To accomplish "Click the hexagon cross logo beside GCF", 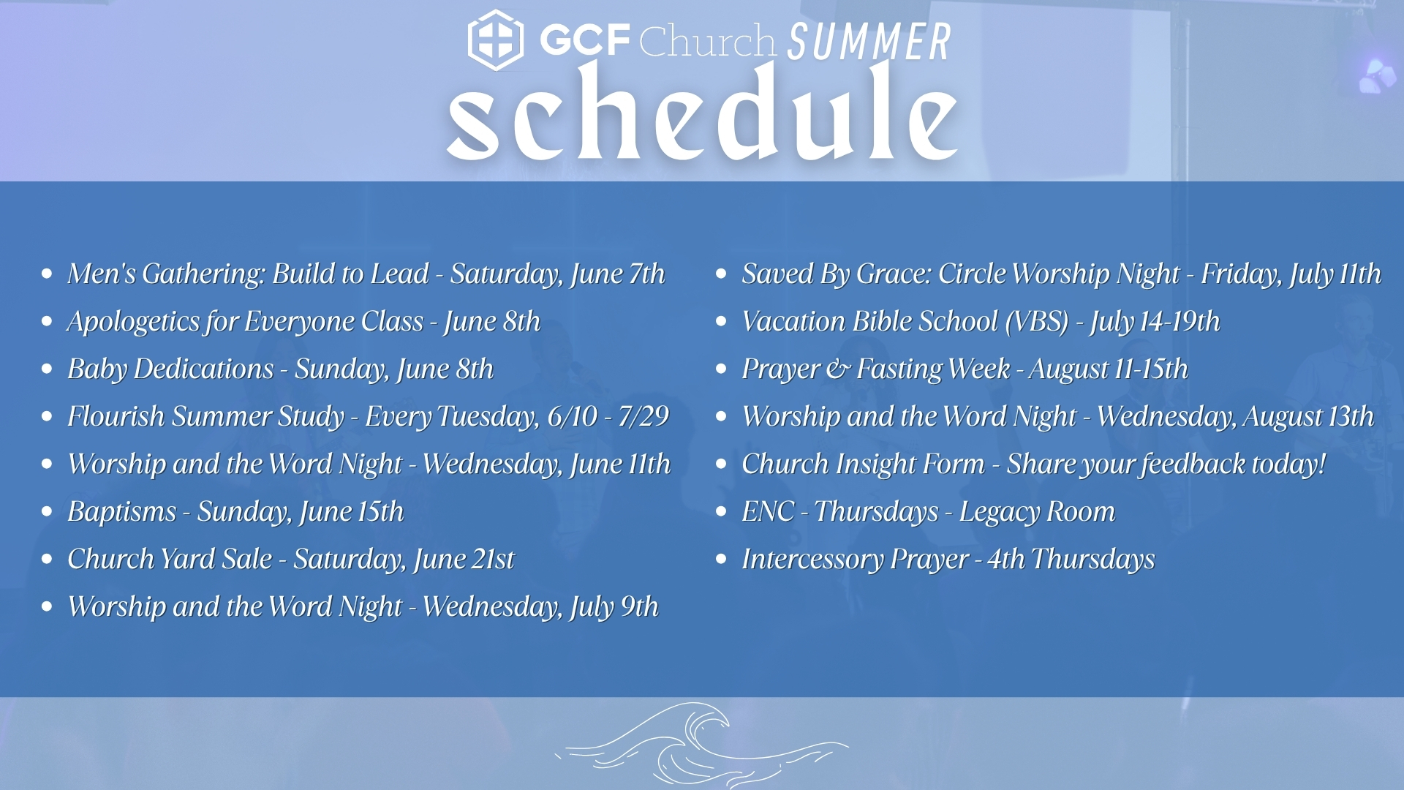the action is coord(496,39).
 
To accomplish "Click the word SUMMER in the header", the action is coord(869,42).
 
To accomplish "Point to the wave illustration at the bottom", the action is coord(702,745).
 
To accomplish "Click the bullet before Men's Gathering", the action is coord(48,274).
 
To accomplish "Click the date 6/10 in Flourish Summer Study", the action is coord(573,416).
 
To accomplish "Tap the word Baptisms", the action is coord(122,512).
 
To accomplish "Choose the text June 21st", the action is coord(464,560).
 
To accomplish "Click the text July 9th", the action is coord(614,607).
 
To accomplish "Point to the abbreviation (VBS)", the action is coord(1037,322).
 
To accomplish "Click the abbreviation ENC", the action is coord(768,511).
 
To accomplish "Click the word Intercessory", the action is coord(812,560).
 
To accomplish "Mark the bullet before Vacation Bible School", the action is coord(722,321).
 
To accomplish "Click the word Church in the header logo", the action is coord(707,41).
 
